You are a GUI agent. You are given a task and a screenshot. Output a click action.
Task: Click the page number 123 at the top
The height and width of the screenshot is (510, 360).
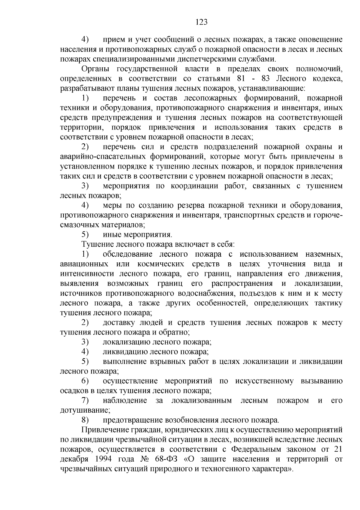pyautogui.click(x=201, y=22)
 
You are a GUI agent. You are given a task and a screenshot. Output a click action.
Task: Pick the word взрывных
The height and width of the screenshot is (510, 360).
pyautogui.click(x=166, y=361)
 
